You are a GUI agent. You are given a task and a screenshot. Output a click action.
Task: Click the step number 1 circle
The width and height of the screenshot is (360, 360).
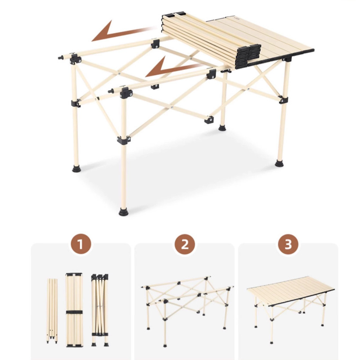click(80, 244)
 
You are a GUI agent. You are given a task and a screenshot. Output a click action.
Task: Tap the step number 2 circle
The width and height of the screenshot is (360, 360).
click(185, 244)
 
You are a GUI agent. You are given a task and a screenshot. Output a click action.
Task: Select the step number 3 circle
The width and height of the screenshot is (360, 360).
click(288, 244)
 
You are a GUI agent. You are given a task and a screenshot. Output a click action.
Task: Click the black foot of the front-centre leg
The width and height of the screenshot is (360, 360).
click(123, 212)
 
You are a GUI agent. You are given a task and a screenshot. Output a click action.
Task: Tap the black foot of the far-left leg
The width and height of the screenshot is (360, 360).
click(76, 169)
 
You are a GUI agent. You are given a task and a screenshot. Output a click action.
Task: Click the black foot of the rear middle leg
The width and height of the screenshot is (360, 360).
click(222, 128)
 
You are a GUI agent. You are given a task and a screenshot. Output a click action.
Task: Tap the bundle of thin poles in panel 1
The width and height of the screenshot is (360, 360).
click(52, 311)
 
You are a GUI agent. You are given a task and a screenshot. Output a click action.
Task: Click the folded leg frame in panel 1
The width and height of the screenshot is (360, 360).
click(100, 310)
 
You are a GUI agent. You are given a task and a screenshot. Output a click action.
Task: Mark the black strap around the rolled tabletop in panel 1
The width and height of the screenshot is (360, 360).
click(74, 312)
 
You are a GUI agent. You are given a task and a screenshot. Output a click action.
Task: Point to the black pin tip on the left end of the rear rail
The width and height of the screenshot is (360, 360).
click(60, 57)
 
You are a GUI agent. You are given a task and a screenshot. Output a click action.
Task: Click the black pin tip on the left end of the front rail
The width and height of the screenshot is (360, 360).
click(111, 91)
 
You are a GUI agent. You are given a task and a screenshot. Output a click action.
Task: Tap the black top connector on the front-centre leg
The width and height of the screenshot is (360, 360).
click(126, 93)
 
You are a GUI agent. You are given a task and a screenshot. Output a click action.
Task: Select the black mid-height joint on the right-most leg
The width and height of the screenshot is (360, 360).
click(283, 100)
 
